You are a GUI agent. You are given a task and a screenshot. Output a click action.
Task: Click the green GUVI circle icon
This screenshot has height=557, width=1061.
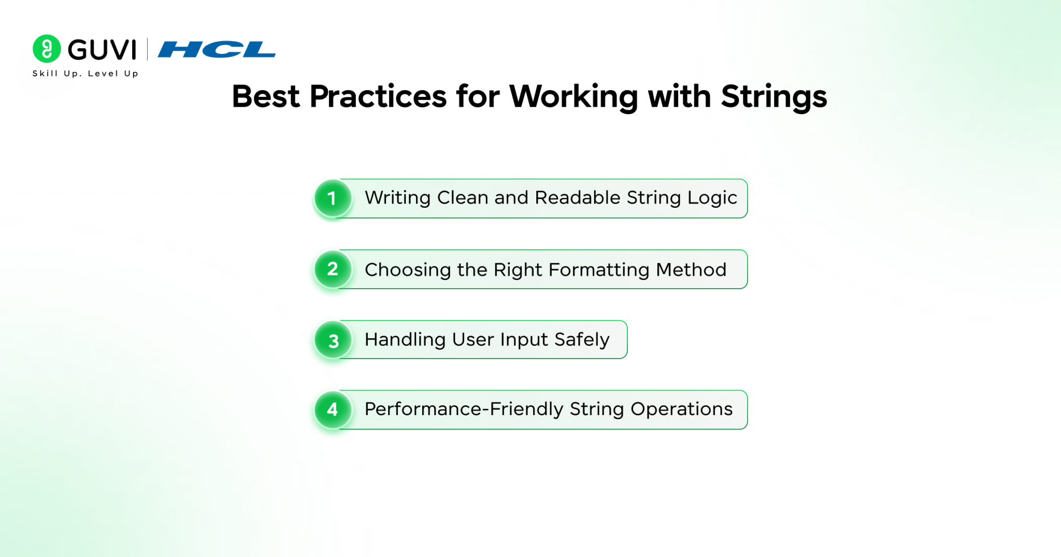point(47,49)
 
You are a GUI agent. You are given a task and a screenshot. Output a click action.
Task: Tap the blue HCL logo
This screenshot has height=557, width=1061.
point(217,49)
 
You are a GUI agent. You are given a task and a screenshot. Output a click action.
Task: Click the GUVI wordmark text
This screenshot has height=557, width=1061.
point(102,50)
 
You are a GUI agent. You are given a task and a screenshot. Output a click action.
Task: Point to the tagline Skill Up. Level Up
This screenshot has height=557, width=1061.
point(85,74)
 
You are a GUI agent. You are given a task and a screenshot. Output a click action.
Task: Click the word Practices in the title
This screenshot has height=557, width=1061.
point(378,96)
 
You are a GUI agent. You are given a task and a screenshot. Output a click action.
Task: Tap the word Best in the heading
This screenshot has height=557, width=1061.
point(266,96)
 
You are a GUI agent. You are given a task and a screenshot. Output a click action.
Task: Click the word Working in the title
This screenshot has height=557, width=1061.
point(574,97)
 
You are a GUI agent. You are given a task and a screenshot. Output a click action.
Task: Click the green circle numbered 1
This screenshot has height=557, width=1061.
point(333,198)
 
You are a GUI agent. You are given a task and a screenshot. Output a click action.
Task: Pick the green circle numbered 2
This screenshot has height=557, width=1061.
point(333,269)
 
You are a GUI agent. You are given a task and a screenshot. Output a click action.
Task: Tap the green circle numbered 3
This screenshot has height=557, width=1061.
point(333,340)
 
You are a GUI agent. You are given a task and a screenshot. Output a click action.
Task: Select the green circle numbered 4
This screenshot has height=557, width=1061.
point(333,410)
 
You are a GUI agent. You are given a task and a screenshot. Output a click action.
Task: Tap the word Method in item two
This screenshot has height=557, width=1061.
point(691,269)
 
